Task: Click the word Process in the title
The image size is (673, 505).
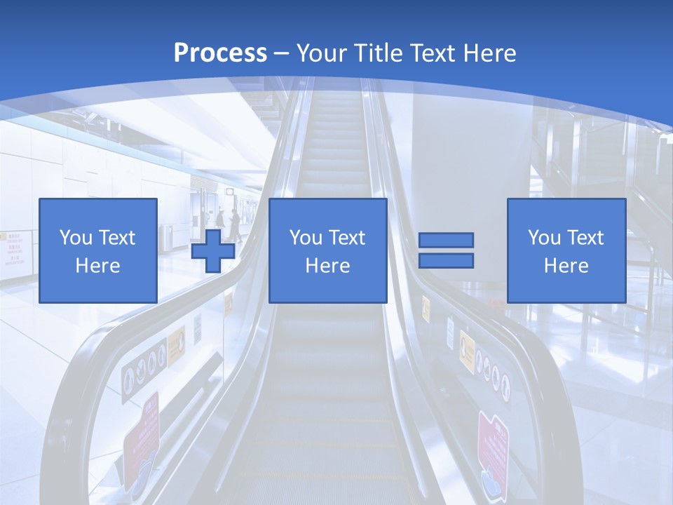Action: pos(220,53)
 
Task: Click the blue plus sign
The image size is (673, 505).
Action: pos(213,251)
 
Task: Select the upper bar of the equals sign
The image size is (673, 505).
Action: pos(446,241)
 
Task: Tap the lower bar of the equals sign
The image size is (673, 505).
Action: pos(446,260)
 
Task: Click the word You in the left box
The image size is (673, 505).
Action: pos(76,238)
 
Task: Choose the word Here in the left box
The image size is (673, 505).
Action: pos(97,266)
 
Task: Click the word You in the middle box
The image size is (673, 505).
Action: pos(306,238)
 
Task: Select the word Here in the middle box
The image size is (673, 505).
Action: pos(327,266)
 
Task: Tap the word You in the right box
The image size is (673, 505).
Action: pos(544,238)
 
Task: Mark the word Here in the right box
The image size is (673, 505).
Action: pos(566,266)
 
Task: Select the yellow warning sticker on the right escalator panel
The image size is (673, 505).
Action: pos(467,347)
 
